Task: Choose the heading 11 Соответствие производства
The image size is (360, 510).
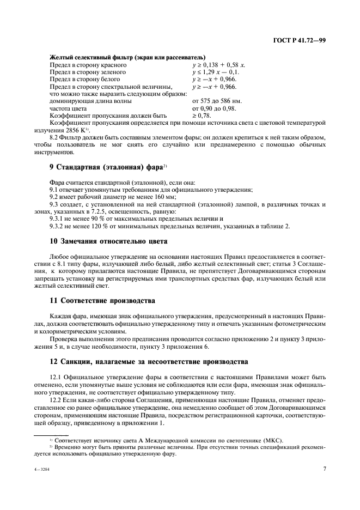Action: (102, 300)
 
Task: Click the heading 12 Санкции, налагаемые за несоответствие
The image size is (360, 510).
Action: (149, 361)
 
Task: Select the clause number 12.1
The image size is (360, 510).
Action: (56, 377)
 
